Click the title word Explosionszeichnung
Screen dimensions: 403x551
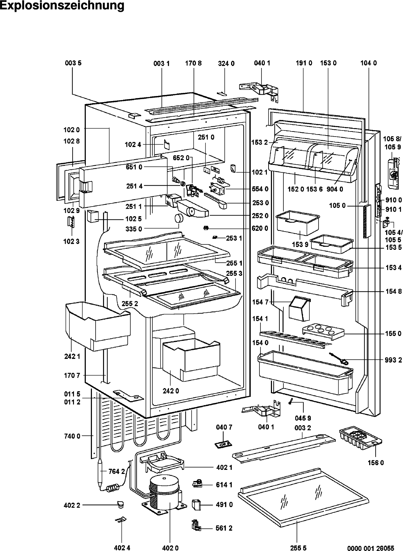[x=62, y=5]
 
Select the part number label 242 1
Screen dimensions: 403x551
[x=72, y=356]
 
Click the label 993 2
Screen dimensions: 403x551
[x=393, y=360]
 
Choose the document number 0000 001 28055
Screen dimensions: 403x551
[x=371, y=548]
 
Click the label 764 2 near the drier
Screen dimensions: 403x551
[x=117, y=471]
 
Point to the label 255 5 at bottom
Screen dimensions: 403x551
[x=298, y=548]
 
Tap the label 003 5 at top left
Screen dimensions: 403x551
[x=73, y=63]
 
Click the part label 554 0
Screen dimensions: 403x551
[x=260, y=189]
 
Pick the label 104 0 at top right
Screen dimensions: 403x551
[x=369, y=63]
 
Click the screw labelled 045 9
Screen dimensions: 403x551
[x=291, y=401]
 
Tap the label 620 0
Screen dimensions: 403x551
[x=260, y=228]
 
